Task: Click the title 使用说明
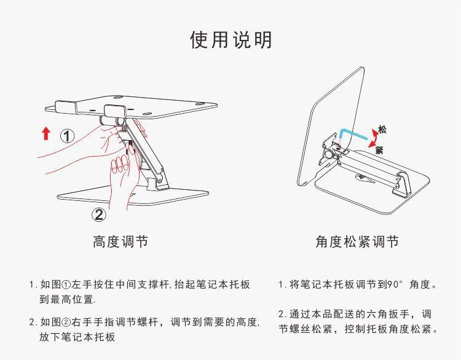point(230,40)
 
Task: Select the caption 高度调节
point(120,241)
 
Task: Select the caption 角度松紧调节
point(357,241)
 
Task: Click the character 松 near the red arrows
point(382,130)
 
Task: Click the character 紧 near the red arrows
point(380,150)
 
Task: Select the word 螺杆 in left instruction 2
point(150,321)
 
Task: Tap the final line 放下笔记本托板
point(78,337)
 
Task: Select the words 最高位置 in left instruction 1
point(74,300)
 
